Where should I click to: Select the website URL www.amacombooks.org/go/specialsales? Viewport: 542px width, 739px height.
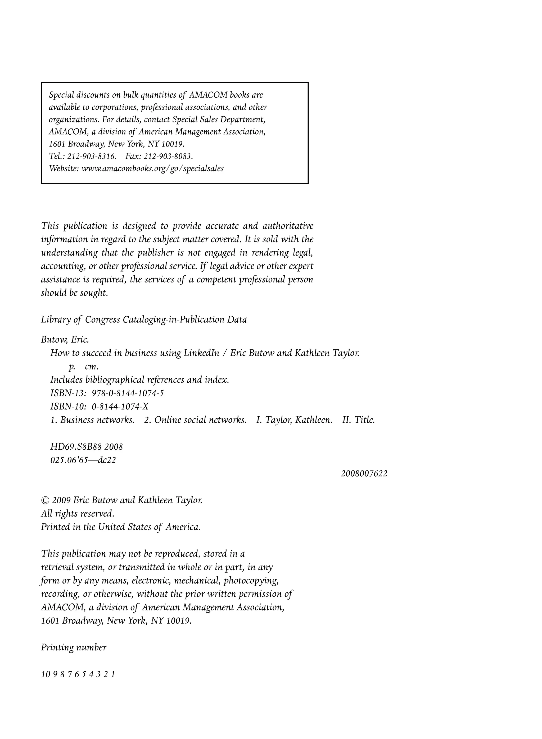pyautogui.click(x=152, y=168)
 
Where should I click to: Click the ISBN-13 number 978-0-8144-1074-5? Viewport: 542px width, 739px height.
pyautogui.click(x=128, y=393)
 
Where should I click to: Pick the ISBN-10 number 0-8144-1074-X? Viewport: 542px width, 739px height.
pyautogui.click(x=120, y=407)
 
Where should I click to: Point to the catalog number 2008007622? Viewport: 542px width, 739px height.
pyautogui.click(x=364, y=474)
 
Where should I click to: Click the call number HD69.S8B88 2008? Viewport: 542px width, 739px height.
pyautogui.click(x=87, y=446)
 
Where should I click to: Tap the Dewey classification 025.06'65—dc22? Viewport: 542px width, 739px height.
pyautogui.click(x=83, y=460)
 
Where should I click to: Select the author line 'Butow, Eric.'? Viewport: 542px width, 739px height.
pyautogui.click(x=65, y=340)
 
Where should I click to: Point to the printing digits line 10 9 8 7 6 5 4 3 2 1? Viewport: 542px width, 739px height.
pyautogui.click(x=78, y=674)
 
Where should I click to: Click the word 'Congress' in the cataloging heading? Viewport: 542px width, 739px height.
pyautogui.click(x=102, y=320)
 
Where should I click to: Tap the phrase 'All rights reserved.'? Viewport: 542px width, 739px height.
pyautogui.click(x=78, y=513)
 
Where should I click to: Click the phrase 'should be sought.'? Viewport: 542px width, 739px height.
pyautogui.click(x=74, y=293)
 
